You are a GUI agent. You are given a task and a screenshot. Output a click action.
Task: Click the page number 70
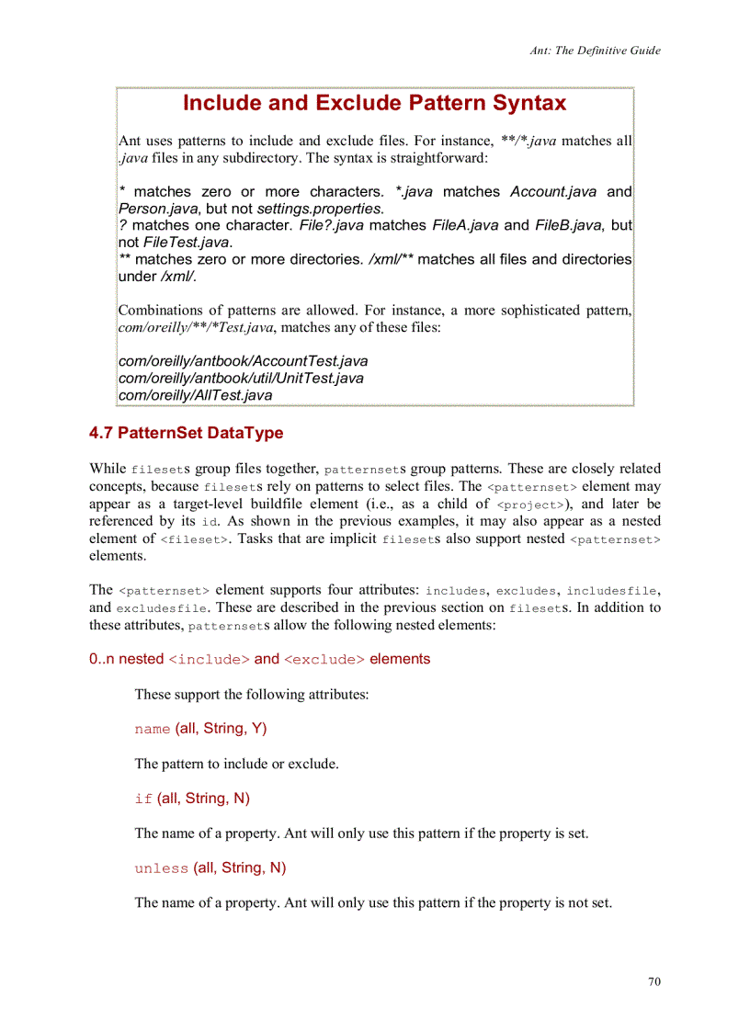[x=653, y=981]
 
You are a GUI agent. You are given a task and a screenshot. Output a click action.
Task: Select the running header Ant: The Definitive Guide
[x=595, y=51]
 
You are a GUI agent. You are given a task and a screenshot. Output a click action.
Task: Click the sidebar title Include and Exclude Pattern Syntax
[x=374, y=103]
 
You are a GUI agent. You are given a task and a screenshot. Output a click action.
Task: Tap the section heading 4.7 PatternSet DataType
[x=187, y=433]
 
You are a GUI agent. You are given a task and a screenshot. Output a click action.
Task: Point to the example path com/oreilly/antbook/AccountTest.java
[x=244, y=361]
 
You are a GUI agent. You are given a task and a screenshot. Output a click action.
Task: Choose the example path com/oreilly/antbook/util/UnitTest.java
[x=241, y=378]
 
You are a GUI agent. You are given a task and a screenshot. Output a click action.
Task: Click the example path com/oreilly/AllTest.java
[x=196, y=395]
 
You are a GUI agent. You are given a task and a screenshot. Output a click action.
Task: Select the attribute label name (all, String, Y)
[x=200, y=729]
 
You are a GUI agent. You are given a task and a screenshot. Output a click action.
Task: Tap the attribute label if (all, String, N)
[x=192, y=799]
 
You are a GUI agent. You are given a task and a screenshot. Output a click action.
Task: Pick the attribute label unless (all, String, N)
[x=210, y=868]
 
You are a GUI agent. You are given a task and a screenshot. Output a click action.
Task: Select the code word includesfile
[x=613, y=590]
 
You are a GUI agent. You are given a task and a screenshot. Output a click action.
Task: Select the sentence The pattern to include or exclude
[x=236, y=764]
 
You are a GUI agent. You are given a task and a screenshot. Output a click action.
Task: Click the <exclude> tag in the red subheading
[x=324, y=660]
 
